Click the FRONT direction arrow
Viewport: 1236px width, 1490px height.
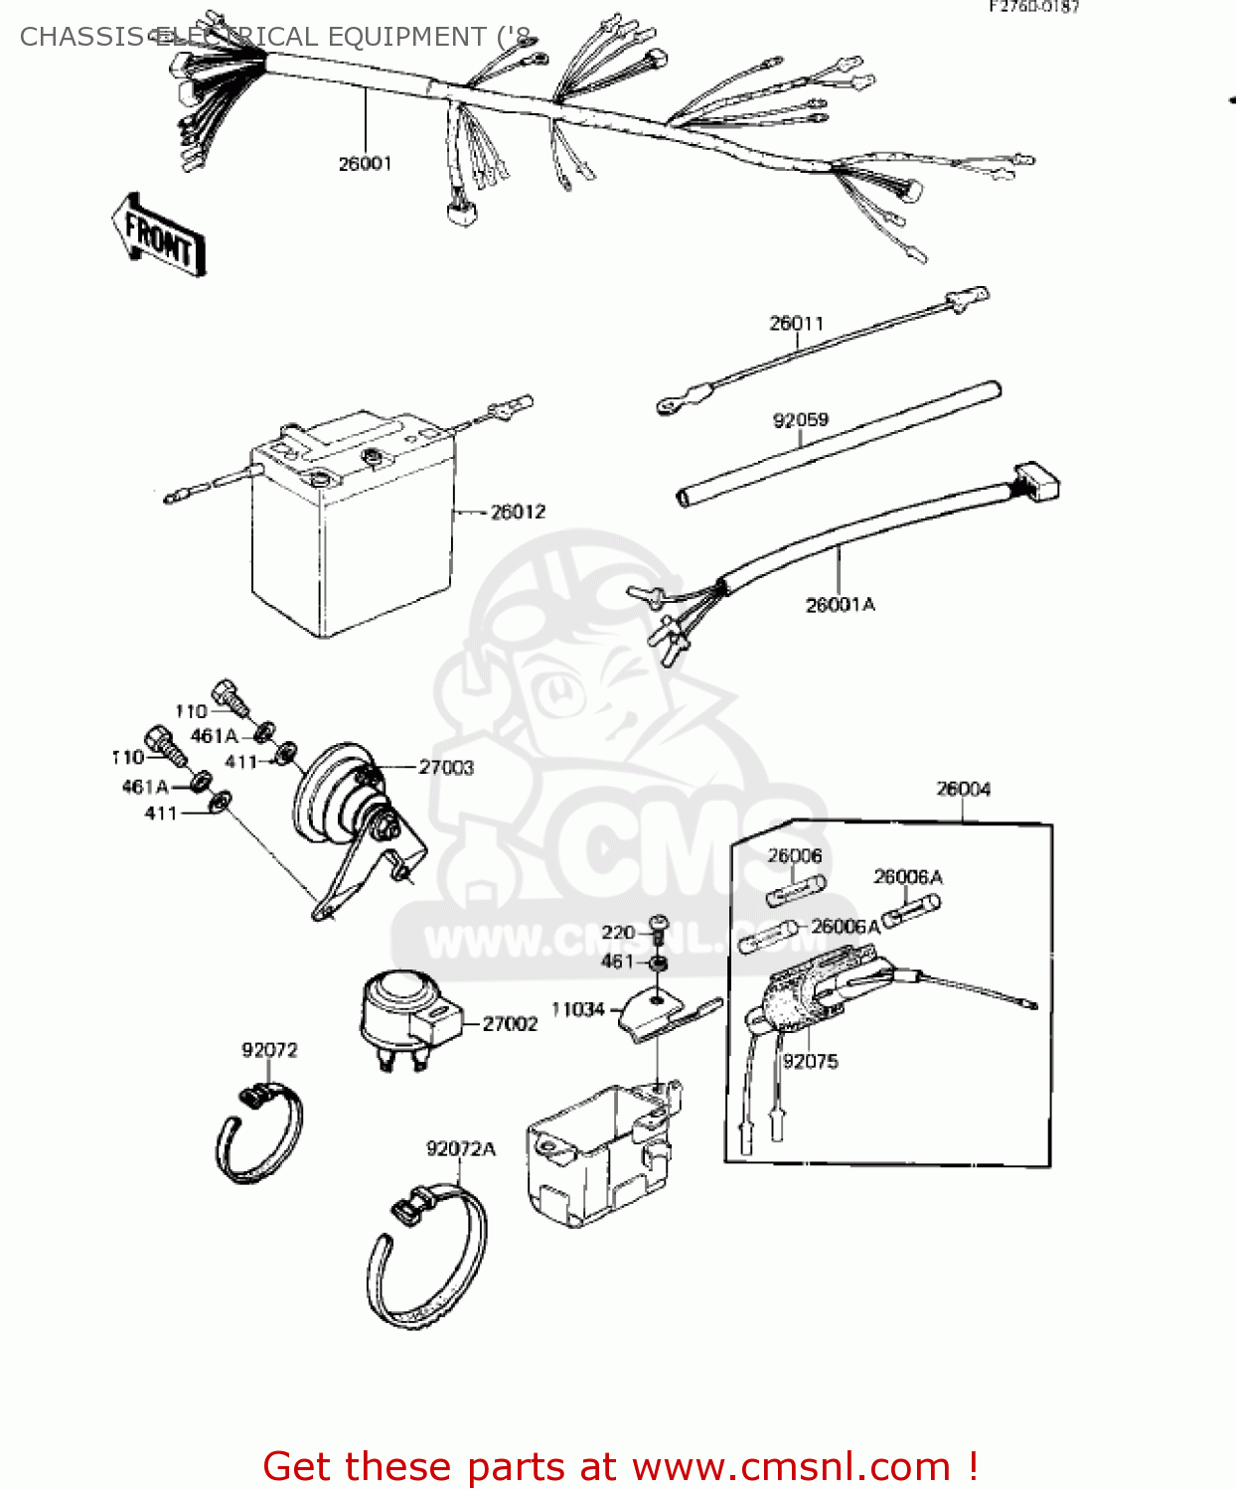(x=158, y=235)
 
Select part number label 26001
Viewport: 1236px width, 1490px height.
(x=365, y=164)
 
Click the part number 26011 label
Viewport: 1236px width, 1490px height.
(x=796, y=324)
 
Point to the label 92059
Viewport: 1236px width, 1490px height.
(x=800, y=420)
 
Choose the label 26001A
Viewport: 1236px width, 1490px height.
(x=840, y=605)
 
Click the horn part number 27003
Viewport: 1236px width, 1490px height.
(x=446, y=768)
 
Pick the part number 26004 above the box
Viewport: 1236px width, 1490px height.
(x=963, y=789)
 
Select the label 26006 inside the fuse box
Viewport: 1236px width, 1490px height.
(x=794, y=855)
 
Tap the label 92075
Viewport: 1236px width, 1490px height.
(x=810, y=1062)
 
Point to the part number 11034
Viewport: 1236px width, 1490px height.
(x=577, y=1010)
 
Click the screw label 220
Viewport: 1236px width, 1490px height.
(x=617, y=932)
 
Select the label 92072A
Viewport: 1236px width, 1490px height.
(x=460, y=1149)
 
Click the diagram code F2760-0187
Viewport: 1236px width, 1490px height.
(x=1033, y=7)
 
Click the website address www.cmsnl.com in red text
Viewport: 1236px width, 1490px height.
(x=791, y=1466)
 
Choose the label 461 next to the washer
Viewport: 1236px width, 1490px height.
(x=616, y=961)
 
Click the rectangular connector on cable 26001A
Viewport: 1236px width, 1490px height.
(x=1036, y=483)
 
